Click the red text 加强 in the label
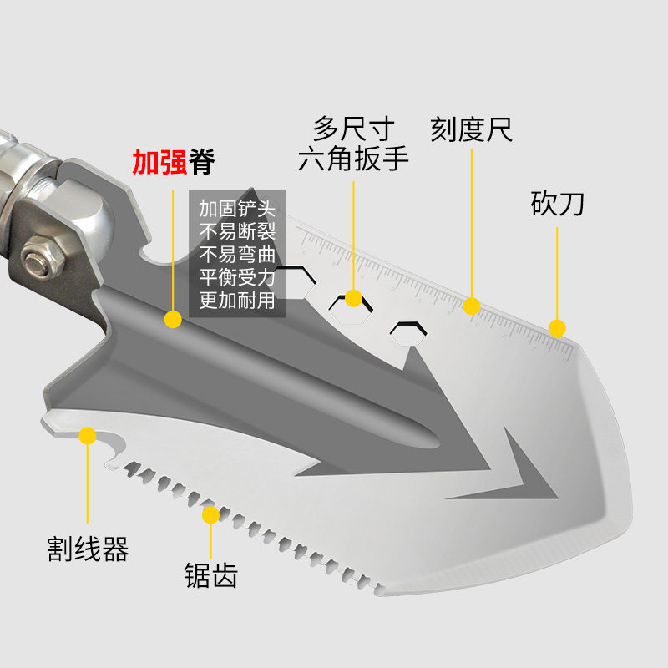point(160,161)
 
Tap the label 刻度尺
point(471,129)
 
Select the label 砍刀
point(557,203)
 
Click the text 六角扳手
point(353,159)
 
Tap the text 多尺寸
point(353,129)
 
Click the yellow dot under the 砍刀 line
point(557,327)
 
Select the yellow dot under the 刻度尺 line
point(472,306)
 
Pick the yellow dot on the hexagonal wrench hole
point(353,298)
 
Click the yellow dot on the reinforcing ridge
point(173,318)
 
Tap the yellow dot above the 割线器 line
point(87,434)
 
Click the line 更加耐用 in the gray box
point(236,300)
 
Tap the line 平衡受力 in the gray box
point(236,277)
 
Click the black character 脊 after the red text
point(201,161)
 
